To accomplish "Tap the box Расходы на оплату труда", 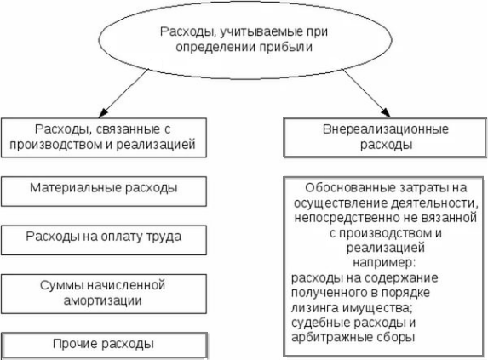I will [x=104, y=236].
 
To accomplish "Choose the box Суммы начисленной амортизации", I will [x=104, y=290].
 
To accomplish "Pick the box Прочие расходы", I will [x=104, y=345].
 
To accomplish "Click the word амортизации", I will [x=104, y=300].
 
